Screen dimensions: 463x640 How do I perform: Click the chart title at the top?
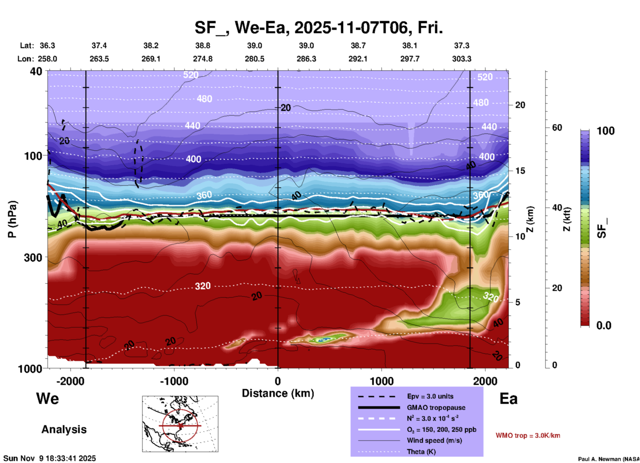tap(318, 28)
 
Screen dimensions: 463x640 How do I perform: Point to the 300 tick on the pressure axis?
tap(33, 257)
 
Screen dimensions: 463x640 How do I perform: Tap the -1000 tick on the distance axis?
tap(174, 381)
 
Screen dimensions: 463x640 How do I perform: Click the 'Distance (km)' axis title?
tap(278, 393)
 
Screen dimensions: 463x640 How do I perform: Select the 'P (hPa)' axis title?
tap(12, 219)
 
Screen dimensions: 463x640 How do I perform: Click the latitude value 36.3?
tap(47, 46)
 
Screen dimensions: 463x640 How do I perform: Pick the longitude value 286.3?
tap(306, 59)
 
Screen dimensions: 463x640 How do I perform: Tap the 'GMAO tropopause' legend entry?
tap(436, 408)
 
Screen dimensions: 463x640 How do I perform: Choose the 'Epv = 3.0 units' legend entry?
tap(430, 396)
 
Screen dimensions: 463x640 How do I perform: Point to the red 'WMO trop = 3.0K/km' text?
tap(528, 435)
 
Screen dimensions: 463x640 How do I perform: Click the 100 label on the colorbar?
tap(605, 131)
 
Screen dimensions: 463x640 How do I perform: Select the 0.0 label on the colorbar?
tap(603, 325)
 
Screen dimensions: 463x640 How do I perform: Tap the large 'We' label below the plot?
tap(48, 398)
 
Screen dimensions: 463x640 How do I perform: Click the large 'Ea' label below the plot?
tap(508, 399)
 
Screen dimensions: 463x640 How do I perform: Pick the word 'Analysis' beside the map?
tap(64, 429)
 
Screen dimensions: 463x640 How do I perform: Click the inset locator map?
tap(180, 424)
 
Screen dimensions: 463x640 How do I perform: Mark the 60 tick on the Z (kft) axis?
tap(557, 128)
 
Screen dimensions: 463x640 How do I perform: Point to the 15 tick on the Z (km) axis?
tap(520, 171)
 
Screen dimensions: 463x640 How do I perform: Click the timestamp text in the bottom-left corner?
tap(50, 458)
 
